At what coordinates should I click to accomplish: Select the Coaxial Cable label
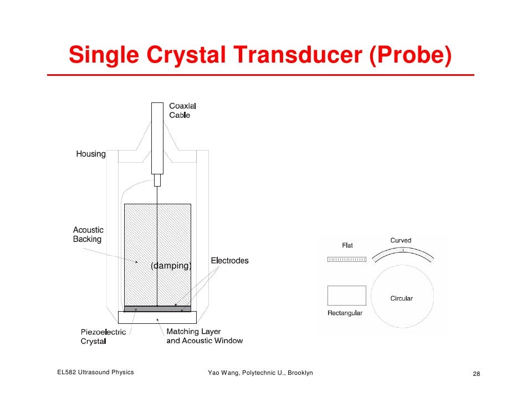click(182, 110)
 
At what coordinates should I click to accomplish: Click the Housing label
click(91, 154)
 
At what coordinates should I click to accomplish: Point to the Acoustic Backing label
click(88, 235)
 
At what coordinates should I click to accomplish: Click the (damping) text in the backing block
click(171, 266)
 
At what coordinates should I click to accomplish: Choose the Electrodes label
click(229, 260)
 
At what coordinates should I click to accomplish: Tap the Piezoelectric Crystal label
click(104, 337)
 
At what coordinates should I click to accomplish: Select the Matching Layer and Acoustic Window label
click(204, 336)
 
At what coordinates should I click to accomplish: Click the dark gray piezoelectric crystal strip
click(157, 308)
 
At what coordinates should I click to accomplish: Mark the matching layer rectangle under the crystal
click(157, 318)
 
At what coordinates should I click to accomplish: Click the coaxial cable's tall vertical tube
click(158, 138)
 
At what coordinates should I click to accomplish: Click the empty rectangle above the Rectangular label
click(347, 296)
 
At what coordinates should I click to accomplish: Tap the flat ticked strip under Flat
click(347, 259)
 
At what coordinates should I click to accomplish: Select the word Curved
click(401, 240)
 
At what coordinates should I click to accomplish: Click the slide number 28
click(476, 374)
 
